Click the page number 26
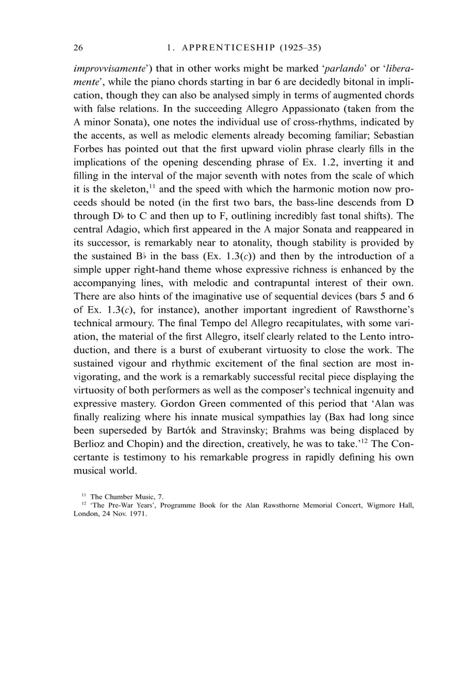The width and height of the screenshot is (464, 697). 78,48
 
